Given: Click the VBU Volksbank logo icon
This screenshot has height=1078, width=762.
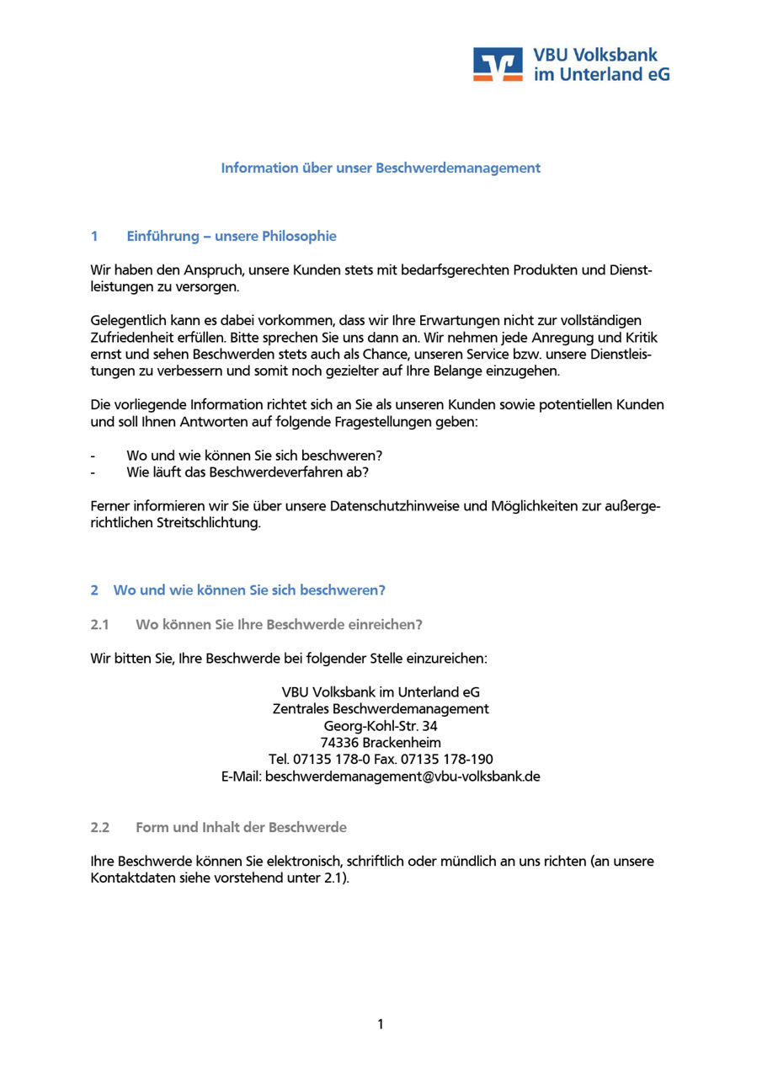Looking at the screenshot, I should (498, 64).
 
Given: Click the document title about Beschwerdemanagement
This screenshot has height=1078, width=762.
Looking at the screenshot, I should (381, 168).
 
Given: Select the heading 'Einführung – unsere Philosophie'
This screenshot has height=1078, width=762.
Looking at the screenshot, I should (232, 236).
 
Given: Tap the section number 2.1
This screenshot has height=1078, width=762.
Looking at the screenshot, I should (100, 624).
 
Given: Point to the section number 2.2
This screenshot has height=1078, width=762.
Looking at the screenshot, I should (100, 827).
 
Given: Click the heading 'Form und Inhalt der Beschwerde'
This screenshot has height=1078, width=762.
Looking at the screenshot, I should (241, 827).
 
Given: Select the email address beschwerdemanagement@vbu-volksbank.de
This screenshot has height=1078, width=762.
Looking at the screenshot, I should (402, 776).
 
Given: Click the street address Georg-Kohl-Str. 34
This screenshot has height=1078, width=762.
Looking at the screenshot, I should (381, 726).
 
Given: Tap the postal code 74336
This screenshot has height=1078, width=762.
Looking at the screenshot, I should (339, 743).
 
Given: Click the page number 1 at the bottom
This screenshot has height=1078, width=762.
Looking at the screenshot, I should (381, 1024).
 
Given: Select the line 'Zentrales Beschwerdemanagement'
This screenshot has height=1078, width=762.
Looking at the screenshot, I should (381, 709).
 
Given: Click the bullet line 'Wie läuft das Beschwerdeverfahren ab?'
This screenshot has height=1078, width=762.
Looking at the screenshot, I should (248, 472).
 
